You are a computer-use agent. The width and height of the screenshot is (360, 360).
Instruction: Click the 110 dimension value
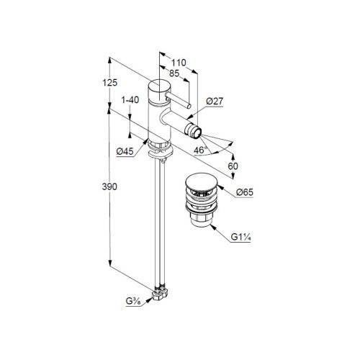179,63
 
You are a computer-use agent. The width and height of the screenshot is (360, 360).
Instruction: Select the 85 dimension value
174,73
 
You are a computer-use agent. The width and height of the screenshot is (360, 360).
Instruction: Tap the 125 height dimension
110,83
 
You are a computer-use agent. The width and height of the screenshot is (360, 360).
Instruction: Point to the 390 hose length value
109,186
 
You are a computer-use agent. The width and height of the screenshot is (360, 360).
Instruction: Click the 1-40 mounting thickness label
130,99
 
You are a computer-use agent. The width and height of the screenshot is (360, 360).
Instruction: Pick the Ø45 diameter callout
125,151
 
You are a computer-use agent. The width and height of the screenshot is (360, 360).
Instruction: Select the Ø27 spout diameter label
215,101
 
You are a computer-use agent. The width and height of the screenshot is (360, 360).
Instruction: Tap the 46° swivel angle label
200,150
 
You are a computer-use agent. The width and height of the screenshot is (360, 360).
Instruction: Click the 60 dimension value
233,166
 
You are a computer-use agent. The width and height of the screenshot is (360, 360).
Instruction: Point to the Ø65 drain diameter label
245,192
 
